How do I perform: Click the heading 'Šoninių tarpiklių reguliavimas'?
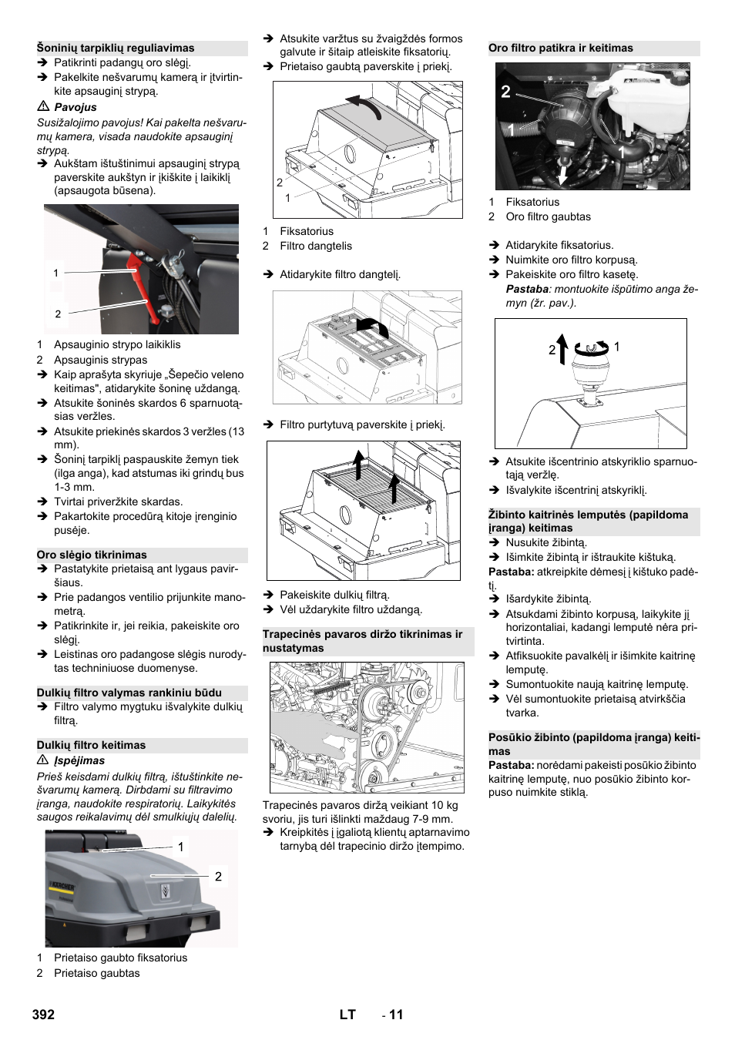(116, 48)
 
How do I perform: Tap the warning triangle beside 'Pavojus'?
(43, 106)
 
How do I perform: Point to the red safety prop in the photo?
(143, 289)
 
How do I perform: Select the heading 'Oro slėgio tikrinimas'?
(92, 555)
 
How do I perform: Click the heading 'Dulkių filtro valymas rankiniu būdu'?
(129, 693)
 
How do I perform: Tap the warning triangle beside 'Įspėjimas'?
(43, 760)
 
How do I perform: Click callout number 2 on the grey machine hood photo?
(218, 876)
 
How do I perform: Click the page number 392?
(43, 1015)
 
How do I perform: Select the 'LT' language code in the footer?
(347, 1015)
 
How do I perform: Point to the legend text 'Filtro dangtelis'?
(316, 246)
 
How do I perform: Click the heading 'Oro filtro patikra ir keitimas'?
(561, 48)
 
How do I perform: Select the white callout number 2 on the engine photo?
(505, 92)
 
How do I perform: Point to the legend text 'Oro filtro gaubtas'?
(548, 216)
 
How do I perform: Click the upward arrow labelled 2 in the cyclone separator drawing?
(562, 348)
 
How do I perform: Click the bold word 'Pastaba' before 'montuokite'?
(527, 289)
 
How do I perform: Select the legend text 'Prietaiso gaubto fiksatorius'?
(120, 958)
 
